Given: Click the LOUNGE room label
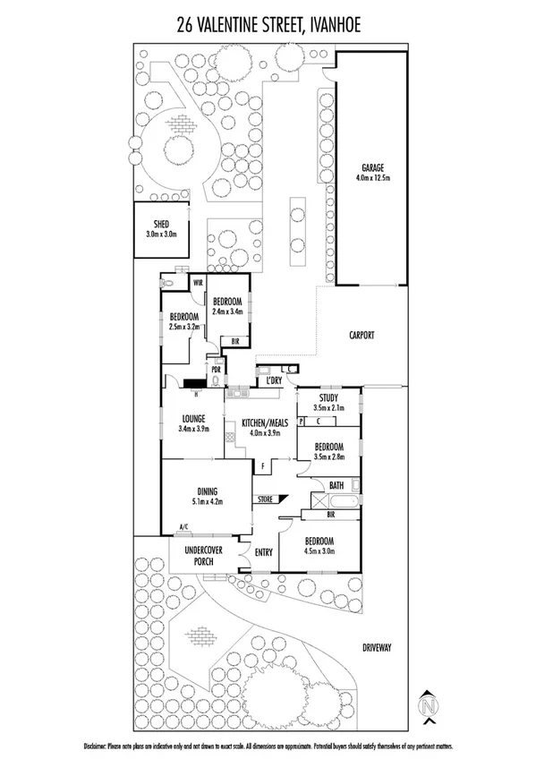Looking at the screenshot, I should pos(192,417).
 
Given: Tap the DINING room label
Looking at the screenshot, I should pos(208,490).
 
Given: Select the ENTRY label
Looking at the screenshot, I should pos(263,552).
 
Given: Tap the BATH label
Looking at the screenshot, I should pos(336,485).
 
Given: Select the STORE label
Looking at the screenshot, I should pos(264,498).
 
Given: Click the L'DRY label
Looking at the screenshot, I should pos(274,381).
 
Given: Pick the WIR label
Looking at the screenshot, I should pos(196,283).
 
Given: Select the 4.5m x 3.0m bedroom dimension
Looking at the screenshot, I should pos(319,551).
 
